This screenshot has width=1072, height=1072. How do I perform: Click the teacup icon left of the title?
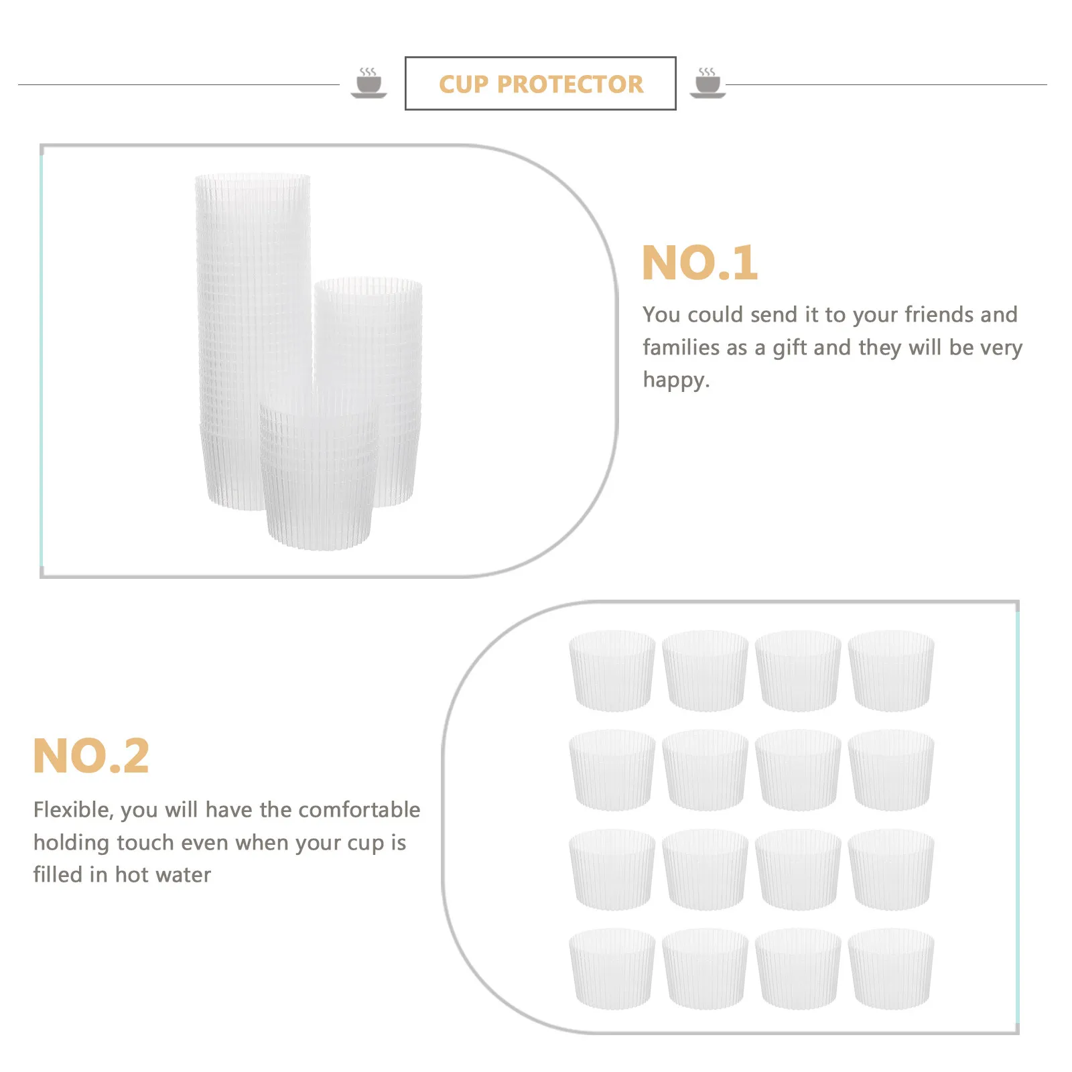pos(368,83)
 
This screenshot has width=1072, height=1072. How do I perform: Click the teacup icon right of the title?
pos(708,83)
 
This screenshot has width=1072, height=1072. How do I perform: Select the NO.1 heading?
pos(699,263)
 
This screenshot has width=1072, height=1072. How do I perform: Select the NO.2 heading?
pos(91,756)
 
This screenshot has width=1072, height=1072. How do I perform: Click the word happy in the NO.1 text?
pos(674,380)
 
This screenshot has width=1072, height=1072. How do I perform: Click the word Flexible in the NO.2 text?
pos(72,810)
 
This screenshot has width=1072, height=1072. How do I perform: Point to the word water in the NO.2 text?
pos(182,875)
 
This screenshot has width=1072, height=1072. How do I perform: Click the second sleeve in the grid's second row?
pos(705,770)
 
